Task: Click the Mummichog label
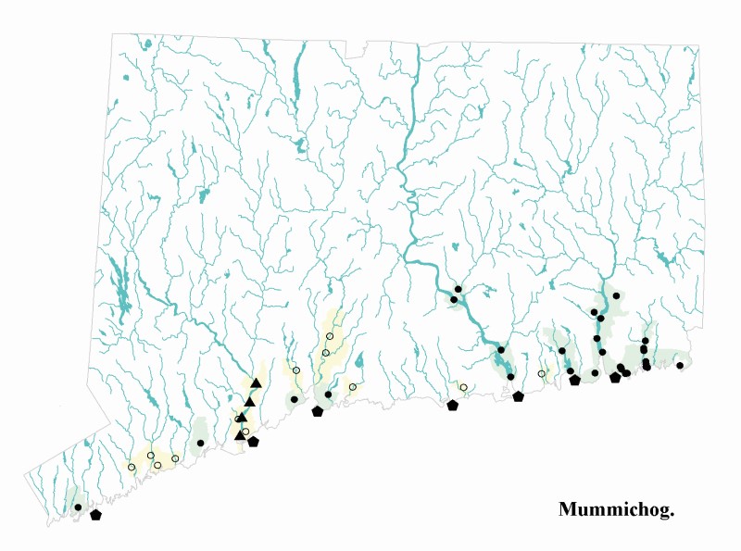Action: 616,510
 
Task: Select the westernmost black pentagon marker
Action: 95,515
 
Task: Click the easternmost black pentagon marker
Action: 615,377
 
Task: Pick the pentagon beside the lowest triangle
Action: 253,442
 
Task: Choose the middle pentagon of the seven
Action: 452,405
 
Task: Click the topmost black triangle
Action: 256,382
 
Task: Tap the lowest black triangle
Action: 240,433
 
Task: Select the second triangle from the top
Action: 249,401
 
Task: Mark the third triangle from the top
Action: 243,417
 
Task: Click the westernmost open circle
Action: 132,467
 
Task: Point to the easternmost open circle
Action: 542,374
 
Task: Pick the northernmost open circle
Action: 330,336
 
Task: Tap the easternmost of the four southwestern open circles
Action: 175,458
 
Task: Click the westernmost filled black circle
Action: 78,507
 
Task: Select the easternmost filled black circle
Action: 680,365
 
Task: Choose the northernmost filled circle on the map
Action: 458,289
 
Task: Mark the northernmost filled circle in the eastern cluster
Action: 616,295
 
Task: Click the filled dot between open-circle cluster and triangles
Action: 201,443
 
